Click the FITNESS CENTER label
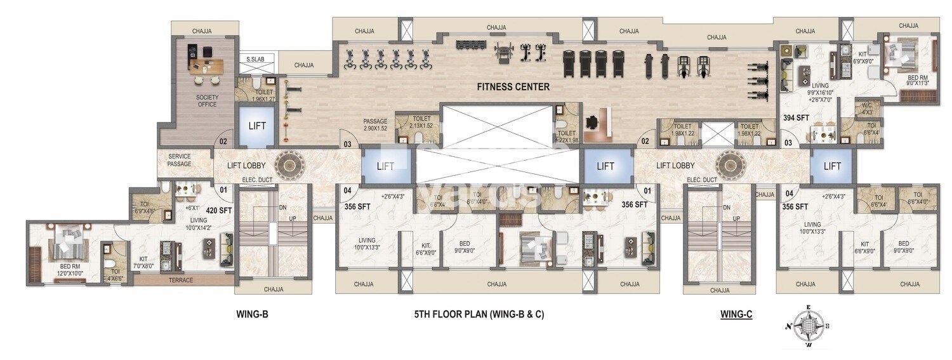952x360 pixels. pyautogui.click(x=513, y=87)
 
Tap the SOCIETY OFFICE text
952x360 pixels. pyautogui.click(x=206, y=101)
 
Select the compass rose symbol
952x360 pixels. pyautogui.click(x=808, y=326)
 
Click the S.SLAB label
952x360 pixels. pyautogui.click(x=256, y=60)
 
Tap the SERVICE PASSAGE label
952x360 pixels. pyautogui.click(x=180, y=160)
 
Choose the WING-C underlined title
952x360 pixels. pyautogui.click(x=736, y=314)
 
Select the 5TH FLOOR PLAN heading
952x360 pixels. pyautogui.click(x=479, y=314)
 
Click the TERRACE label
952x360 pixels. pyautogui.click(x=180, y=280)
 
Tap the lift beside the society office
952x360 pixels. pyautogui.click(x=257, y=126)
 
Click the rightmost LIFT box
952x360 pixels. pyautogui.click(x=832, y=166)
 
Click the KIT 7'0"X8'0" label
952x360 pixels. pyautogui.click(x=144, y=263)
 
